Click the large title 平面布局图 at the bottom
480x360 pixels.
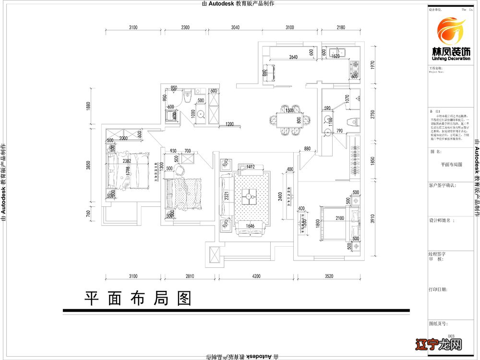point(138,299)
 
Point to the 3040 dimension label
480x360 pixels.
point(232,28)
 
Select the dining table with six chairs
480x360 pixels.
point(289,120)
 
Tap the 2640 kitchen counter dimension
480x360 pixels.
point(293,57)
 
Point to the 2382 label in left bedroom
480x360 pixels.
point(127,161)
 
